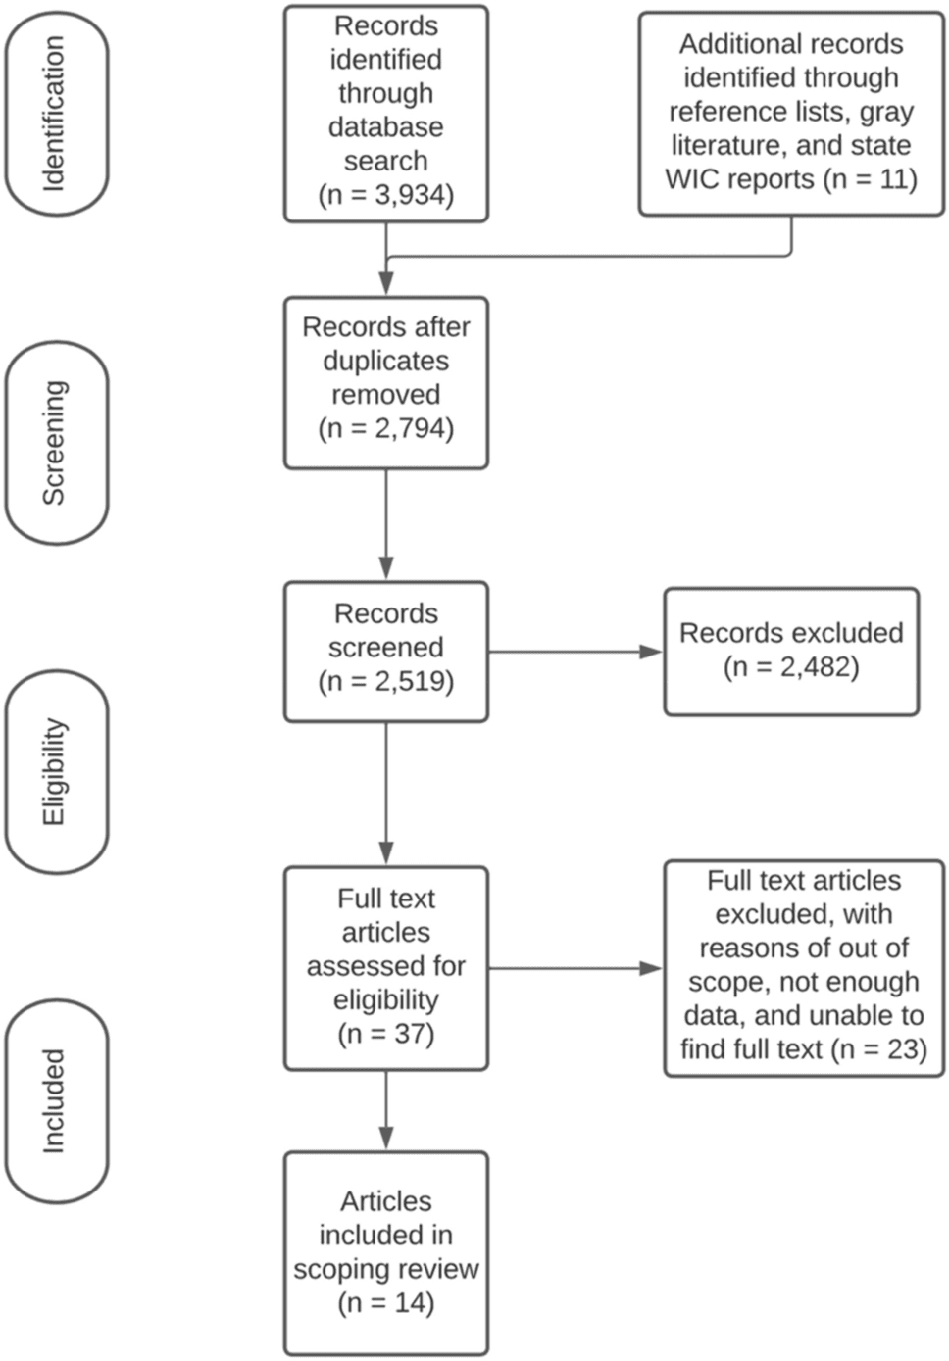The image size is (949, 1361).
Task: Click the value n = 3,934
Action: pyautogui.click(x=386, y=194)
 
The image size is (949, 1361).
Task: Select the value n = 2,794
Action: pyautogui.click(x=386, y=428)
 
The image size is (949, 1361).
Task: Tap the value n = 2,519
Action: pyautogui.click(x=386, y=681)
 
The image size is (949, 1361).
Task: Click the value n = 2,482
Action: pyautogui.click(x=791, y=667)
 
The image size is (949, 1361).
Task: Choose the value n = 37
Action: pyautogui.click(x=386, y=1034)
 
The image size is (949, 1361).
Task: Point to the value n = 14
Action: pyautogui.click(x=386, y=1303)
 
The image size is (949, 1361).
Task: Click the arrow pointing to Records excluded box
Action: pyautogui.click(x=574, y=652)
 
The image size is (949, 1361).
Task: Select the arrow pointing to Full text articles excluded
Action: pyautogui.click(x=574, y=968)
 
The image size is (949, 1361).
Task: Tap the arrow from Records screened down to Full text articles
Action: pyautogui.click(x=386, y=794)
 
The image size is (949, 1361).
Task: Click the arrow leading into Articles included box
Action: pyautogui.click(x=386, y=1110)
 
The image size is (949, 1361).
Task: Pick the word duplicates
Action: pyautogui.click(x=386, y=361)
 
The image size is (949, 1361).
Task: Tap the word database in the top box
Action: pyautogui.click(x=386, y=127)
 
